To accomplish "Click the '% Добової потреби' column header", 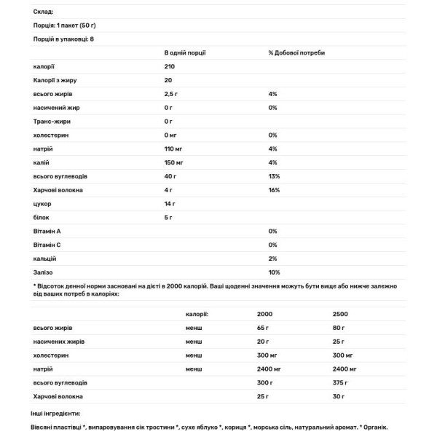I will coord(296,53).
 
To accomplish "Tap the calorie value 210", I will coord(170,66).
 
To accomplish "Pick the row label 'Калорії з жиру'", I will coord(55,80).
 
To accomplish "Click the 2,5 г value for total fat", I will coord(172,94).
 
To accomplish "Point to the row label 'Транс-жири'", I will coord(52,121).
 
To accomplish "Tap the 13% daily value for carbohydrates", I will coord(274,176).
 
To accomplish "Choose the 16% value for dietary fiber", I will coord(274,189).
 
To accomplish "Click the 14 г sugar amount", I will coord(171,203).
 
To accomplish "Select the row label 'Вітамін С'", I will coord(47,245).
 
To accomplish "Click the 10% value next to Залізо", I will coord(274,272).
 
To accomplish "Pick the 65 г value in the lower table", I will coord(264,328).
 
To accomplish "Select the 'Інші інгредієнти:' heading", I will coord(57,413).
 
